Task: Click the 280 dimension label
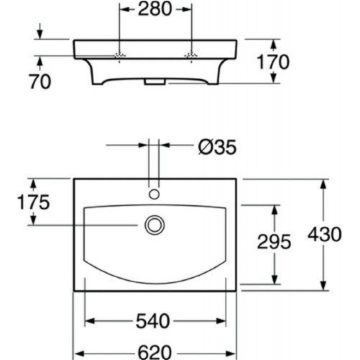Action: click(154, 9)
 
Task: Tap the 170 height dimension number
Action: click(273, 62)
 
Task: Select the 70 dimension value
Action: click(40, 81)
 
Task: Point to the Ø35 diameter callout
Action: click(217, 147)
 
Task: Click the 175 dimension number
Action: click(33, 202)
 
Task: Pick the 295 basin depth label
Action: click(274, 242)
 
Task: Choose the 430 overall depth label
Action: click(324, 234)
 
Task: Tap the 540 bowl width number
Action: click(153, 321)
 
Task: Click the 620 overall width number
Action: click(154, 353)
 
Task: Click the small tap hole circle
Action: click(154, 194)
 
